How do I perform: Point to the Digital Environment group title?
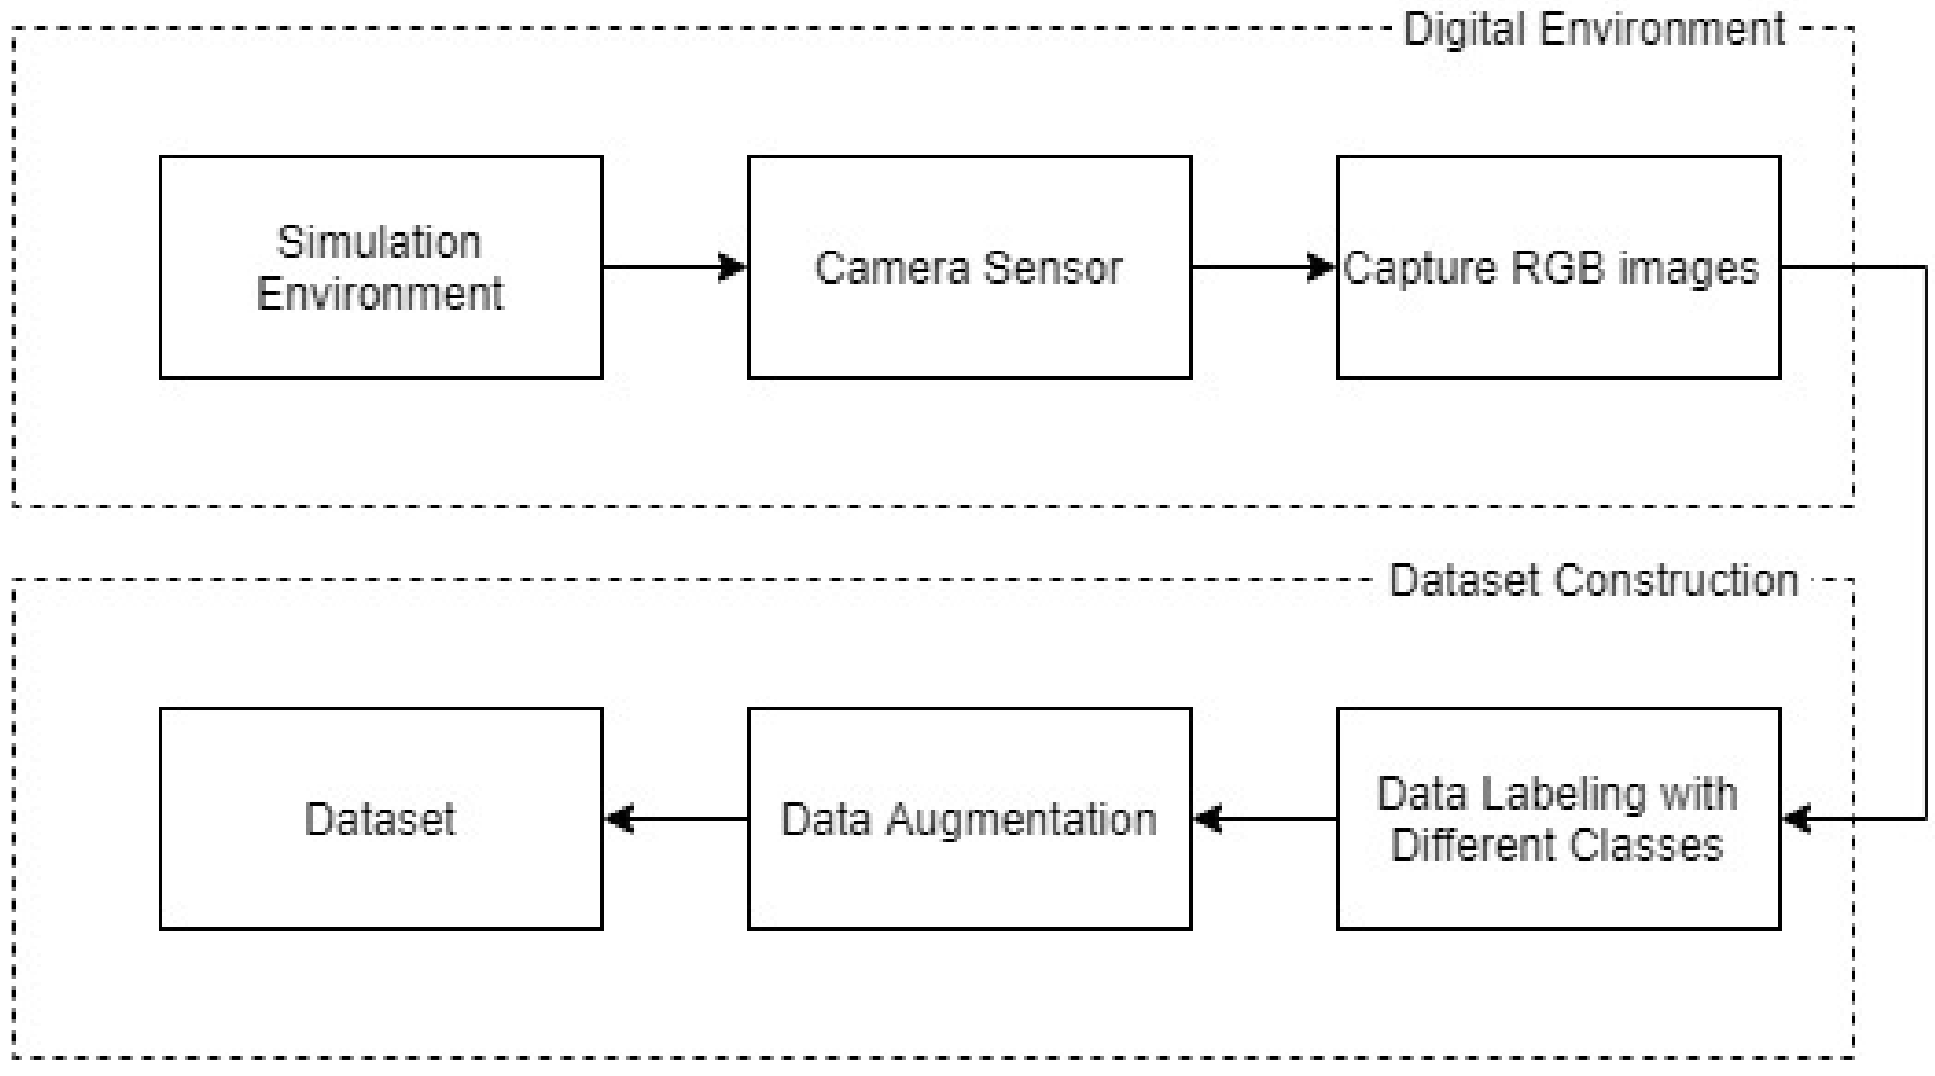coord(1594,30)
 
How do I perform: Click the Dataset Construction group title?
coord(1593,580)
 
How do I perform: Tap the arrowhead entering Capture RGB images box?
coord(1321,266)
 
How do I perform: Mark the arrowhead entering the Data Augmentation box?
coord(1208,819)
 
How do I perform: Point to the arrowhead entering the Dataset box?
coord(619,819)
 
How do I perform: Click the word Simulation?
coord(380,243)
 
